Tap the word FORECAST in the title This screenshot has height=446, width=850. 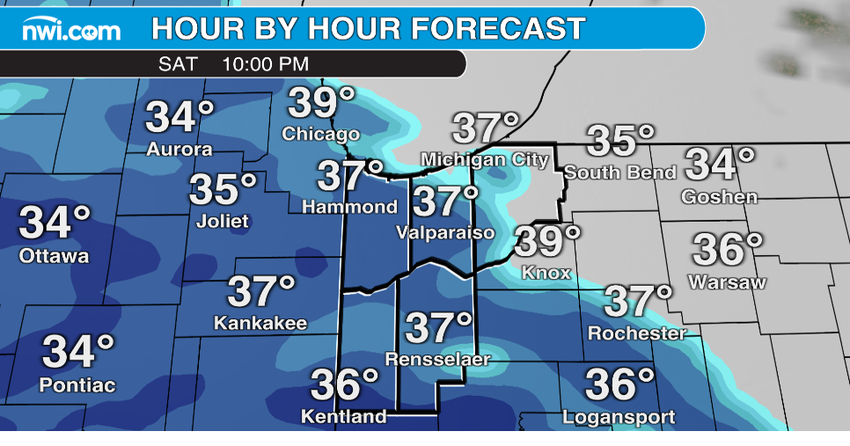pyautogui.click(x=498, y=29)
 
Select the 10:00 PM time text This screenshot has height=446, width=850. pyautogui.click(x=266, y=64)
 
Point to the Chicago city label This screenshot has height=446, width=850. pyautogui.click(x=321, y=135)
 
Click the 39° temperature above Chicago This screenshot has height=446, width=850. pyautogui.click(x=315, y=103)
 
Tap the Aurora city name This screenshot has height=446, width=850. pyautogui.click(x=180, y=150)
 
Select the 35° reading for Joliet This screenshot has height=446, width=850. pyautogui.click(x=223, y=189)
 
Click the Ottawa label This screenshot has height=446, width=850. pyautogui.click(x=55, y=257)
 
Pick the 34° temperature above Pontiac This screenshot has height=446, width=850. pyautogui.click(x=78, y=352)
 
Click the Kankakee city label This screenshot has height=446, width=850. pyautogui.click(x=260, y=324)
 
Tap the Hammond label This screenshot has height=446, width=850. pyautogui.click(x=350, y=208)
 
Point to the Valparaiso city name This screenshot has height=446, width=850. pyautogui.click(x=445, y=233)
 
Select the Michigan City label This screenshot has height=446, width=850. pyautogui.click(x=485, y=160)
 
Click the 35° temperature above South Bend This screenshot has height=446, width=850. pyautogui.click(x=621, y=140)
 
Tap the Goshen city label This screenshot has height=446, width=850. pyautogui.click(x=719, y=197)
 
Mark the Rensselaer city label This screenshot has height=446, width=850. pyautogui.click(x=436, y=359)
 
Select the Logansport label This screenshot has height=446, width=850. pyautogui.click(x=619, y=417)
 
